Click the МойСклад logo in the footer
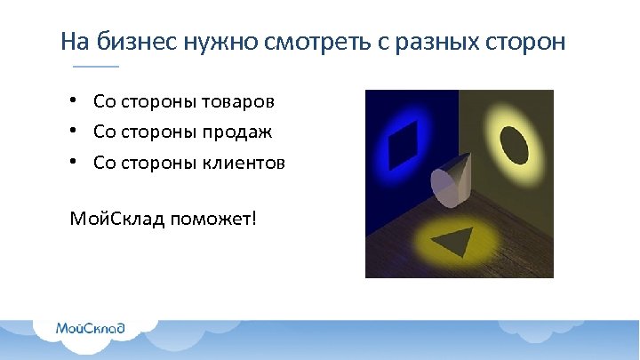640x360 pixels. click(x=89, y=328)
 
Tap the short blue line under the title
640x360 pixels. click(x=95, y=68)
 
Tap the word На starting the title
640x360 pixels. click(x=72, y=42)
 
